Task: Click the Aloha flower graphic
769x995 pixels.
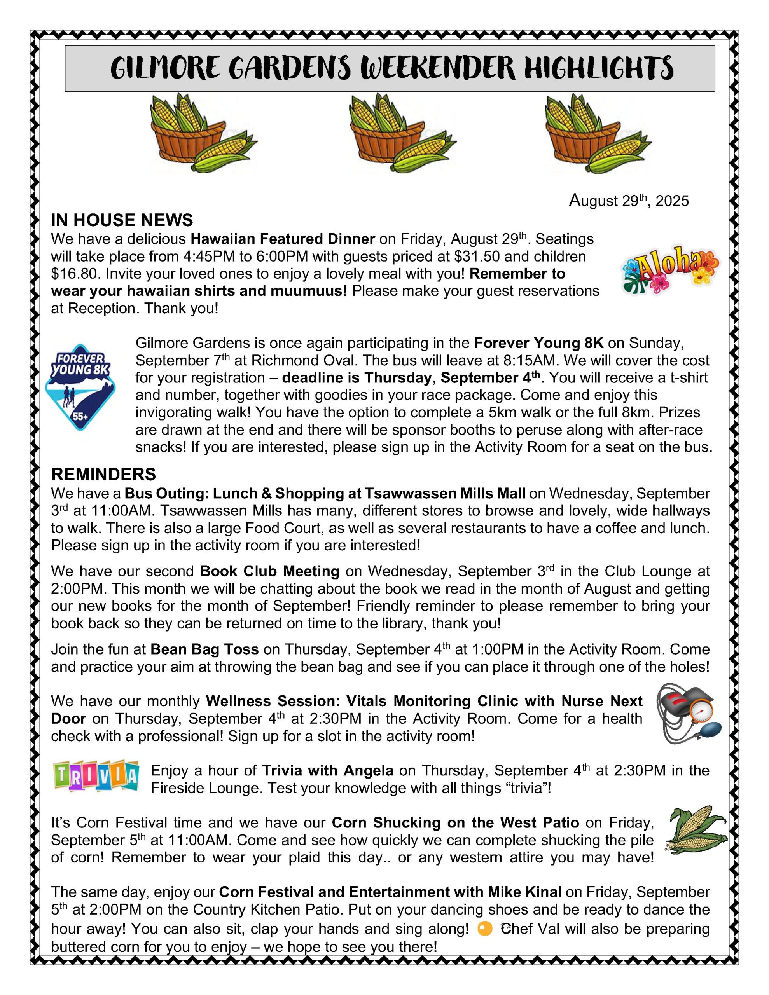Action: (670, 269)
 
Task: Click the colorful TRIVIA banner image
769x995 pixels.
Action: (96, 776)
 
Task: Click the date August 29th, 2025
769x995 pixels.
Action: (629, 201)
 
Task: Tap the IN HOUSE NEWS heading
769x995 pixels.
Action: (122, 220)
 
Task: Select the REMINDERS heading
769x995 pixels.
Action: (103, 474)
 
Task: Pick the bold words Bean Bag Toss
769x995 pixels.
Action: (204, 649)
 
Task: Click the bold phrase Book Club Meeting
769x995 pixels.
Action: (269, 571)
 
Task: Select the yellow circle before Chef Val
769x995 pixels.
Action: (484, 929)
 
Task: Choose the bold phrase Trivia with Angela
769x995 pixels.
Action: (327, 770)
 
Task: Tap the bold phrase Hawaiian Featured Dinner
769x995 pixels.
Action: (283, 239)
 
